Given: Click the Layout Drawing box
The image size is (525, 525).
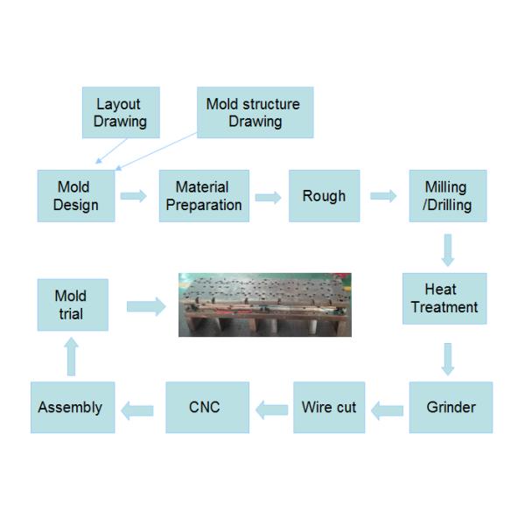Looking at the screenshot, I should tap(121, 113).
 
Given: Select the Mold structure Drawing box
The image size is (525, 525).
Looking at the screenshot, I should tap(255, 113).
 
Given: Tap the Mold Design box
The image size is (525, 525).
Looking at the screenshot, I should tap(76, 196).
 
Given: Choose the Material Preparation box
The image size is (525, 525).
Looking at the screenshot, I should tap(204, 196).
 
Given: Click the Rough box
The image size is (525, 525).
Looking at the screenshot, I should tap(324, 196).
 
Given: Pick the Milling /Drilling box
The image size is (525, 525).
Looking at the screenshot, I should tap(447, 196).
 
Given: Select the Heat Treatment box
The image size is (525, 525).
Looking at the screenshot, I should tap(444, 298).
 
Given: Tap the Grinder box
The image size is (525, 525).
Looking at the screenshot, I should tap(451, 407).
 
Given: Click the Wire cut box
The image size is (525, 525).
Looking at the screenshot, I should tap(329, 407).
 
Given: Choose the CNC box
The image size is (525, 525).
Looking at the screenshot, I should tap(206, 407).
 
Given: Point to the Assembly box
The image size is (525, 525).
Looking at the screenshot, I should tap(73, 407).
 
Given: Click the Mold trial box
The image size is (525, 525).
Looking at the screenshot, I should tap(73, 304).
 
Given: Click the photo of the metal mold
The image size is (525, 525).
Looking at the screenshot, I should tap(264, 304).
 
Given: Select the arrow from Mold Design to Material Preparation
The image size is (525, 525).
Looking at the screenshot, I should tap(134, 196).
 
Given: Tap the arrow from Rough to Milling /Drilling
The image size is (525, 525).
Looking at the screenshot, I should tap(383, 196).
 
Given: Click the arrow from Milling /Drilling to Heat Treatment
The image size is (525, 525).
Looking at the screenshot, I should tap(448, 249).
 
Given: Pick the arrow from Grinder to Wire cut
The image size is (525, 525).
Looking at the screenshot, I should tap(386, 408).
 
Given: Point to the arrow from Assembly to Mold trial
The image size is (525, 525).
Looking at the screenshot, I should tap(72, 356).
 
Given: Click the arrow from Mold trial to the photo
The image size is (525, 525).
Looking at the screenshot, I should tap(146, 306).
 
